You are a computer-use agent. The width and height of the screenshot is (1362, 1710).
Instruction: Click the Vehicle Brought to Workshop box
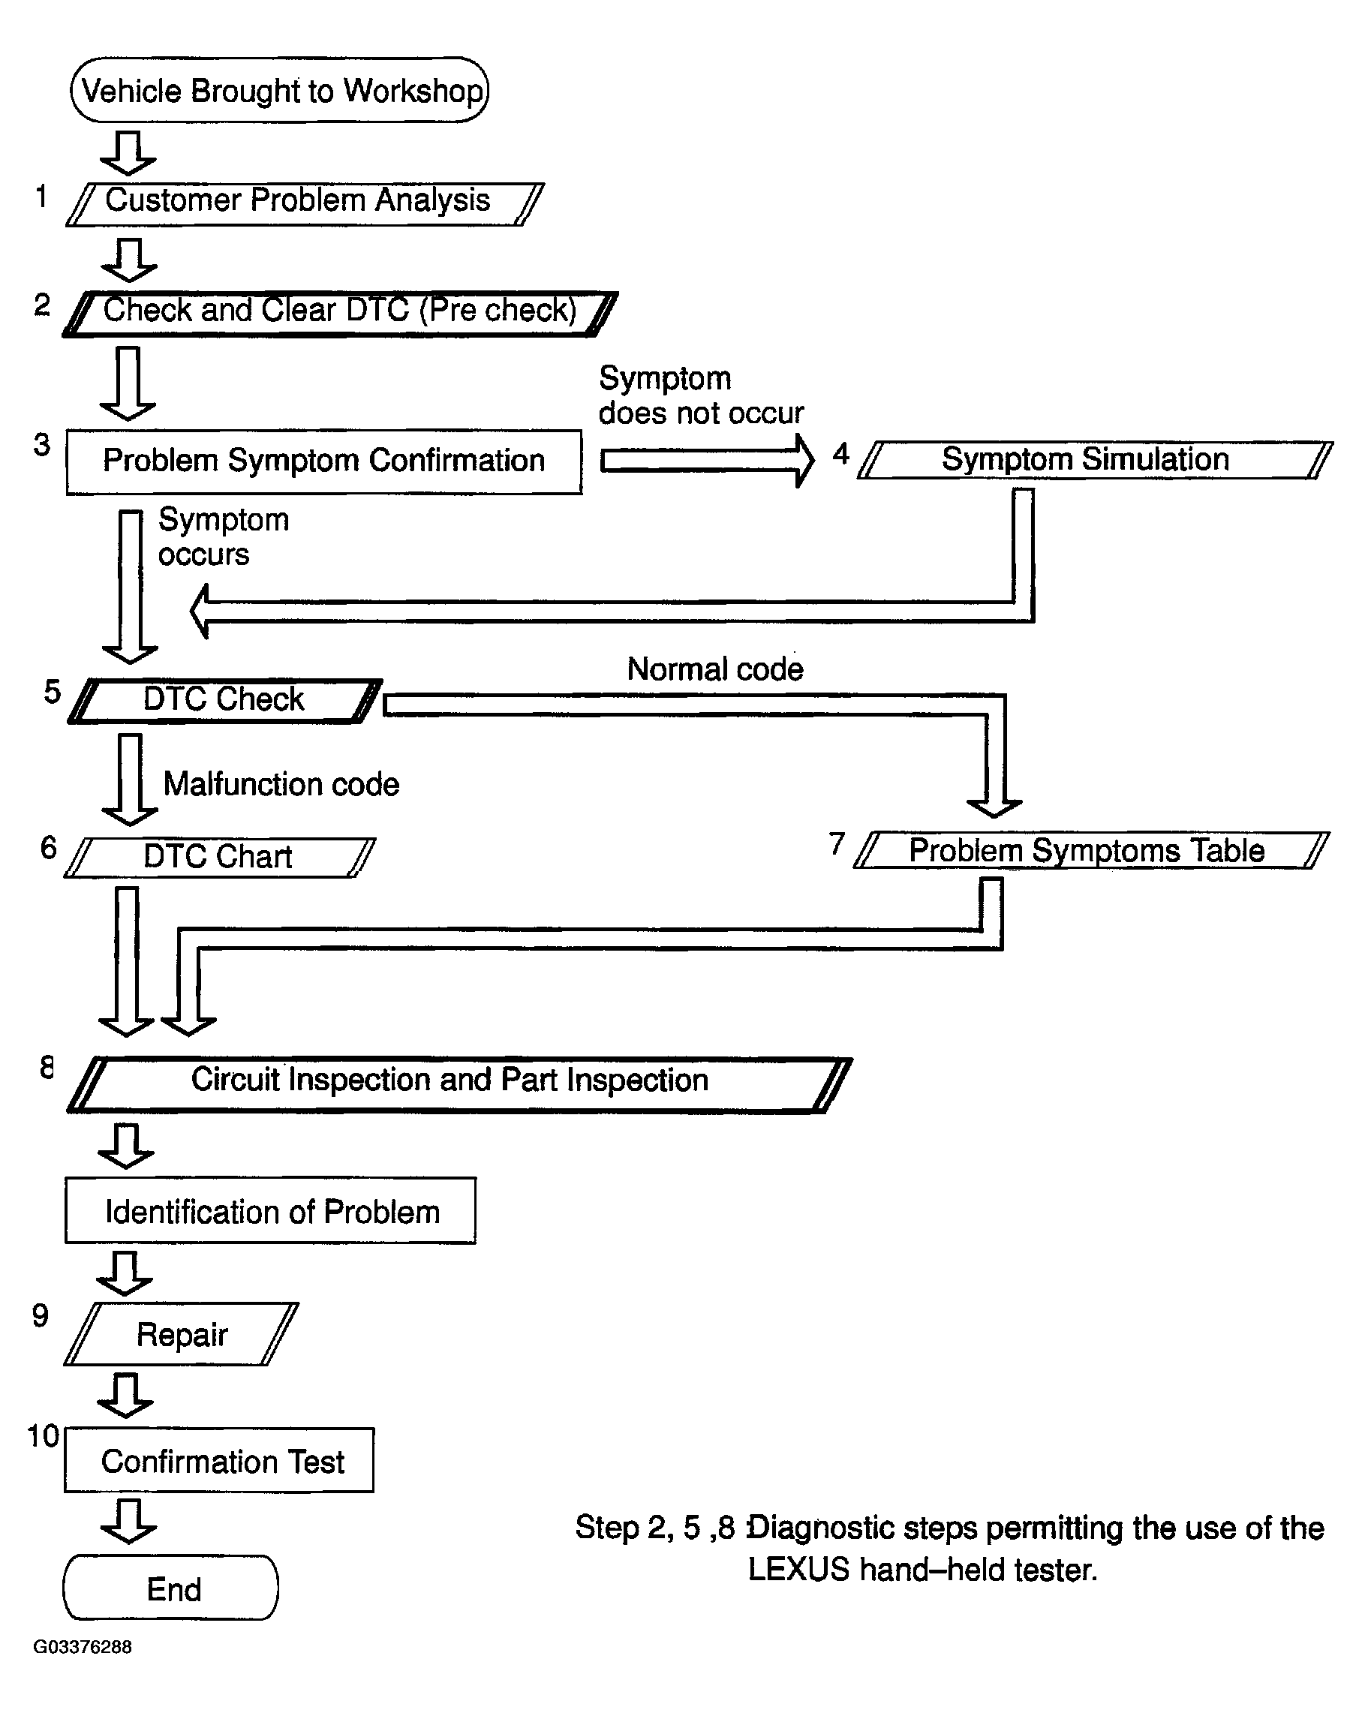click(x=279, y=89)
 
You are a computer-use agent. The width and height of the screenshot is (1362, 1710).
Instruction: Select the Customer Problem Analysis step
click(x=305, y=204)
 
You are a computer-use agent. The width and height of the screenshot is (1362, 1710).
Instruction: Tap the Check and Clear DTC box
click(x=340, y=314)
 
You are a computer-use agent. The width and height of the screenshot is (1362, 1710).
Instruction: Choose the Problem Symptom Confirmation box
click(x=323, y=461)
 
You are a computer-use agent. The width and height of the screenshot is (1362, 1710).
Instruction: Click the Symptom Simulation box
click(x=1095, y=460)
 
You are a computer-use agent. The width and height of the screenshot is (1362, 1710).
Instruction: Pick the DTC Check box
click(x=225, y=700)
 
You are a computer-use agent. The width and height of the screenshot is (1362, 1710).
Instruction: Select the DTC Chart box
click(x=219, y=858)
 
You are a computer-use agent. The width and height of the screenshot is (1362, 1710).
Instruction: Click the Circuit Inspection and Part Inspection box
click(x=459, y=1084)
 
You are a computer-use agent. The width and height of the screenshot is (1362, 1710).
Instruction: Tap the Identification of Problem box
click(x=270, y=1210)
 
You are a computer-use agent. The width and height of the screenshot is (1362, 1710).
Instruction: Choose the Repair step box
click(x=182, y=1334)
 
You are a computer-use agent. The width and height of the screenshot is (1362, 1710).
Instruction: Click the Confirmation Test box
click(x=219, y=1460)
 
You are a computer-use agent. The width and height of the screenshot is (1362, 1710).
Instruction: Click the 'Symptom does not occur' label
click(x=701, y=395)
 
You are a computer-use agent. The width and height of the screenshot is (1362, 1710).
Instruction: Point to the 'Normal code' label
click(x=715, y=669)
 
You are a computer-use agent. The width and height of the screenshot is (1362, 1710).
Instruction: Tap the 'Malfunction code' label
click(x=281, y=784)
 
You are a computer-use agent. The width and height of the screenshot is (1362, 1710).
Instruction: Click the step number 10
click(x=44, y=1435)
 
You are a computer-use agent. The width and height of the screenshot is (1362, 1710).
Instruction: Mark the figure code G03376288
click(x=83, y=1646)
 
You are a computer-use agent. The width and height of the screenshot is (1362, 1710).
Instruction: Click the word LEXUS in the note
click(x=798, y=1570)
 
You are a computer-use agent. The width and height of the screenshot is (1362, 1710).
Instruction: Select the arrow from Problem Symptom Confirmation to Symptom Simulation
click(x=708, y=461)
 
